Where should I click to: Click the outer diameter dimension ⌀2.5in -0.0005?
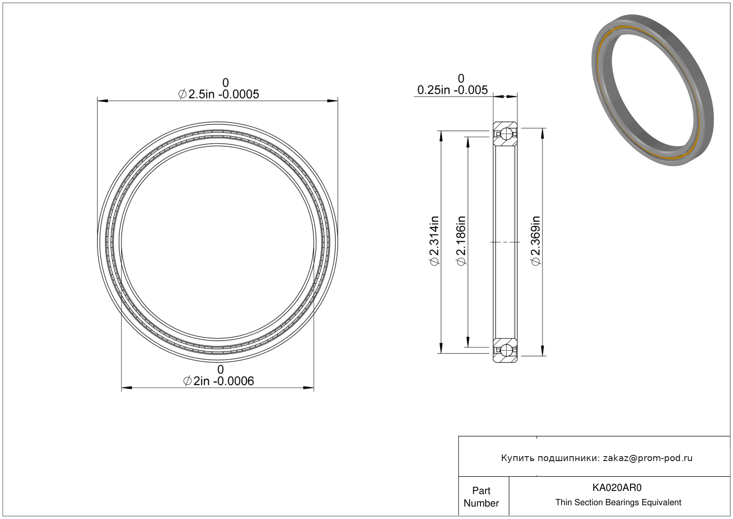219,94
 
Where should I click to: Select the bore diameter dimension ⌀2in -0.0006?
219,381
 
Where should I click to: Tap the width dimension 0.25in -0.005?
452,90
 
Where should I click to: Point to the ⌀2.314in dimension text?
434,241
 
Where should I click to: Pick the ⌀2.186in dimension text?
461,241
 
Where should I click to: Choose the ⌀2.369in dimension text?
536,241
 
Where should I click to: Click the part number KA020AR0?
617,488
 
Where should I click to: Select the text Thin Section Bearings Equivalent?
618,503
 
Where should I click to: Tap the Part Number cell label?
481,497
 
